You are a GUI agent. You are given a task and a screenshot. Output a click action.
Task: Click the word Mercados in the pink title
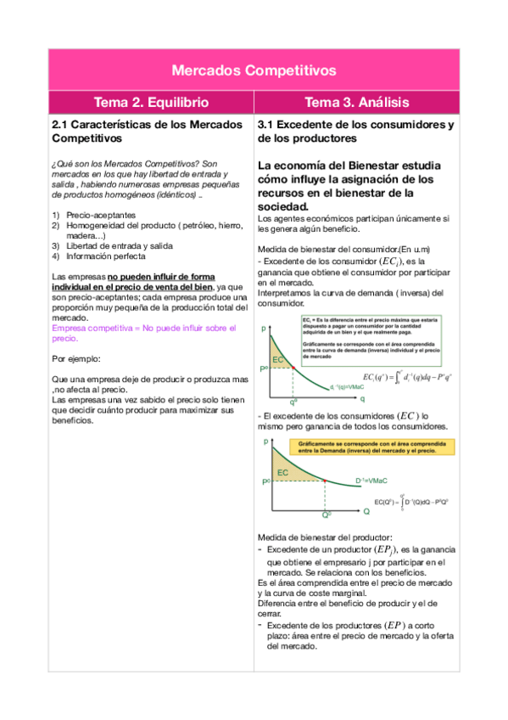pos(209,70)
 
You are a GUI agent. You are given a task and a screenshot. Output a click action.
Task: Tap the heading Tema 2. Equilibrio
pos(151,103)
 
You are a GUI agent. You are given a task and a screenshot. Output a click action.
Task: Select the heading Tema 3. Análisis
pos(357,103)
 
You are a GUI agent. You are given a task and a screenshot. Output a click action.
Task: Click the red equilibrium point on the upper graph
pos(293,367)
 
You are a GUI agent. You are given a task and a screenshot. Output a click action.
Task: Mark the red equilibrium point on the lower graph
pos(326,481)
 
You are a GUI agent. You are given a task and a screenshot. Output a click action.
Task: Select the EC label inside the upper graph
pos(278,360)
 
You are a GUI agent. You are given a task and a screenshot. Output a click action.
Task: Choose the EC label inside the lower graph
pos(282,471)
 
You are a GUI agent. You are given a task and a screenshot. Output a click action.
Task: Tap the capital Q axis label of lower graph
pos(366,512)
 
